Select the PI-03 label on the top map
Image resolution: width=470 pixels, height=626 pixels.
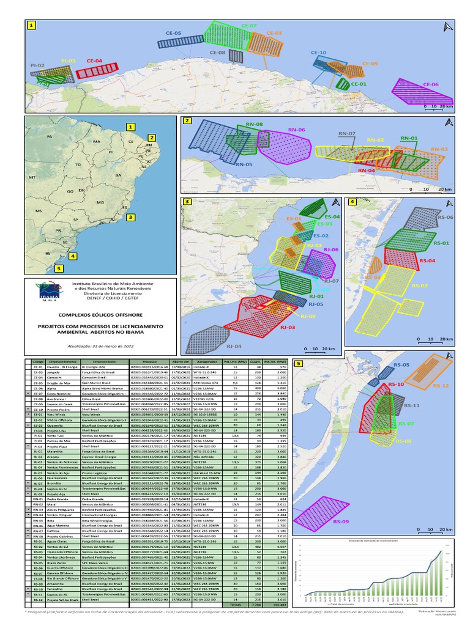pyautogui.click(x=68, y=61)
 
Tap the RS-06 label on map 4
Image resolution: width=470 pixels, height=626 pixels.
pyautogui.click(x=445, y=218)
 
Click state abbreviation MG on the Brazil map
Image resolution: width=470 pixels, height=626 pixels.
pyautogui.click(x=101, y=202)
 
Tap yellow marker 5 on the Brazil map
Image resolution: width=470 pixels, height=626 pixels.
pyautogui.click(x=59, y=267)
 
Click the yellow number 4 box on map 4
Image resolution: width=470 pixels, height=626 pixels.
pyautogui.click(x=352, y=202)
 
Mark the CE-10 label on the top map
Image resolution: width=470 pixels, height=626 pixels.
pyautogui.click(x=319, y=53)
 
